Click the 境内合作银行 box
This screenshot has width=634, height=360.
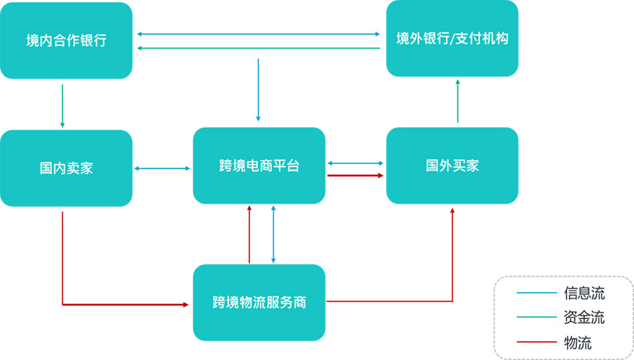tap(66, 40)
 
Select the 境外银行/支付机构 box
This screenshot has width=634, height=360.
tap(452, 38)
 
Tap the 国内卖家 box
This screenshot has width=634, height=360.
tap(66, 168)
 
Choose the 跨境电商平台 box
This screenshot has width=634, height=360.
tap(259, 166)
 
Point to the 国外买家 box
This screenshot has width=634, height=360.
tap(452, 166)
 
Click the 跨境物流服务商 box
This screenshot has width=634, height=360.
tap(259, 302)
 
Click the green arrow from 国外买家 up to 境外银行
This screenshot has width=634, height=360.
tap(457, 101)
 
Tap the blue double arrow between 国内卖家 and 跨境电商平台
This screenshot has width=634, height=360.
tap(163, 168)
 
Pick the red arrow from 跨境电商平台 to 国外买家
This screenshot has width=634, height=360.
tap(355, 175)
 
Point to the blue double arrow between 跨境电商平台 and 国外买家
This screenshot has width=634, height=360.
tap(355, 163)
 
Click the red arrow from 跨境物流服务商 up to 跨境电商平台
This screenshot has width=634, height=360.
tap(249, 234)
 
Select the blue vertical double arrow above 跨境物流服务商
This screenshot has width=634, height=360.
tap(273, 234)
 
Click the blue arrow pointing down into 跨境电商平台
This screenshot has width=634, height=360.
tap(258, 89)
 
